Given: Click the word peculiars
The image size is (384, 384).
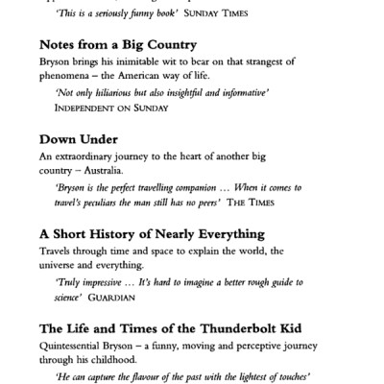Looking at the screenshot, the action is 118,204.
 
